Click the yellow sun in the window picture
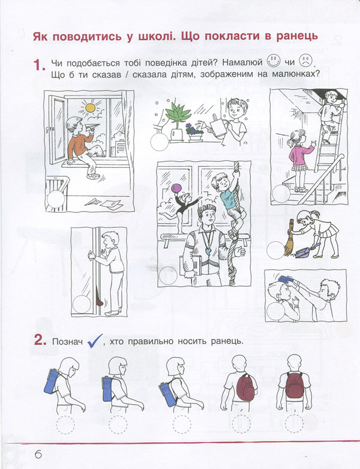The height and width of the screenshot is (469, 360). click(x=90, y=108)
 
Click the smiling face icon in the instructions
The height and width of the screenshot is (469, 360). click(x=274, y=61)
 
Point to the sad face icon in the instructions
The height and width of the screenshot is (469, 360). click(x=306, y=61)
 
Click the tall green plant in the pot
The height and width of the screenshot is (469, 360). click(x=178, y=116)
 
